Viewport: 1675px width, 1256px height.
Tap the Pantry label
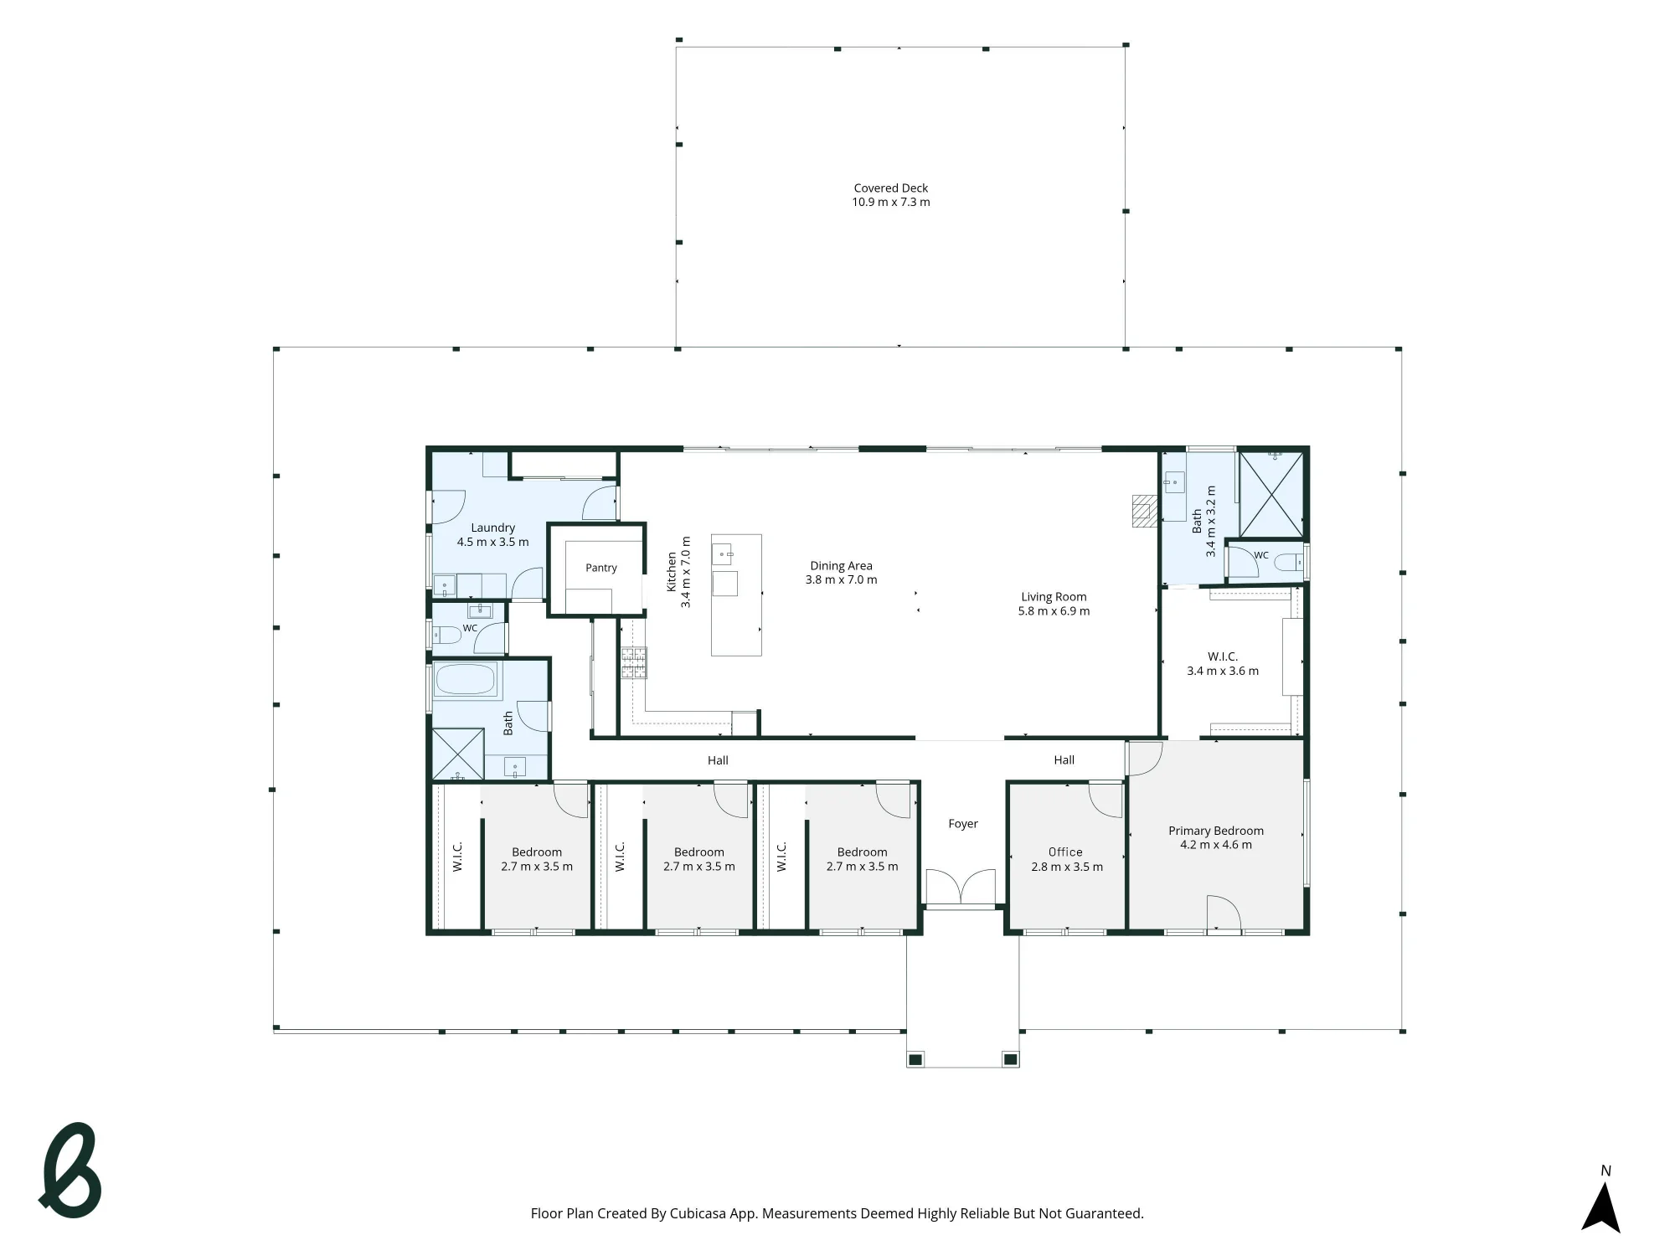(601, 568)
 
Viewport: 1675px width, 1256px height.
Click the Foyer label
(963, 824)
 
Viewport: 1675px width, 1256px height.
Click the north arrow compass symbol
(1600, 1202)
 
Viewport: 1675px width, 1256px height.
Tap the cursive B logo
(71, 1171)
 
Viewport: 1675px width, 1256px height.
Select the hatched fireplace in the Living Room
(1144, 511)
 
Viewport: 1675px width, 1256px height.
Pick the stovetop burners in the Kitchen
(633, 663)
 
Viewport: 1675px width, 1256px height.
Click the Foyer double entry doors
(961, 888)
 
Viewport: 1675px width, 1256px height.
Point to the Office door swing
(1105, 800)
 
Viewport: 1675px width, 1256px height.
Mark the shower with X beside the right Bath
(1271, 494)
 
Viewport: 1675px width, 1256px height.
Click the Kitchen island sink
(723, 554)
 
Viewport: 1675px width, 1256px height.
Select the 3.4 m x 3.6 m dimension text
(1223, 671)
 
